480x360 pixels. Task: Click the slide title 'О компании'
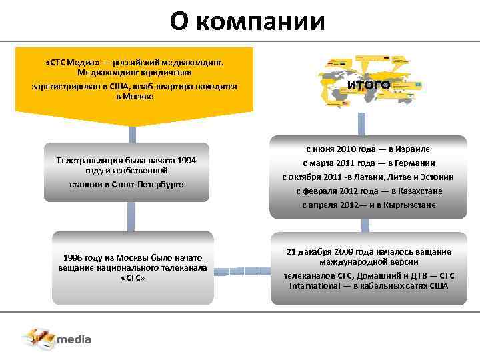click(x=247, y=21)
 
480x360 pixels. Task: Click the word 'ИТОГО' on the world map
click(x=368, y=85)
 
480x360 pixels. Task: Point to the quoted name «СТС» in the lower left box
click(x=133, y=277)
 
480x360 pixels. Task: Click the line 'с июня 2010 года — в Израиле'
click(x=368, y=149)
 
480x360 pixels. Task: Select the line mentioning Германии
click(x=368, y=163)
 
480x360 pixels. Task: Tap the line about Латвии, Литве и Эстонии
click(x=368, y=177)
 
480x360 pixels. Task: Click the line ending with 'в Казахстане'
click(x=368, y=191)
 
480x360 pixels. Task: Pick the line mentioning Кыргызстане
click(x=368, y=205)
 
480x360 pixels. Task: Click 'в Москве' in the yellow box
click(x=135, y=96)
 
